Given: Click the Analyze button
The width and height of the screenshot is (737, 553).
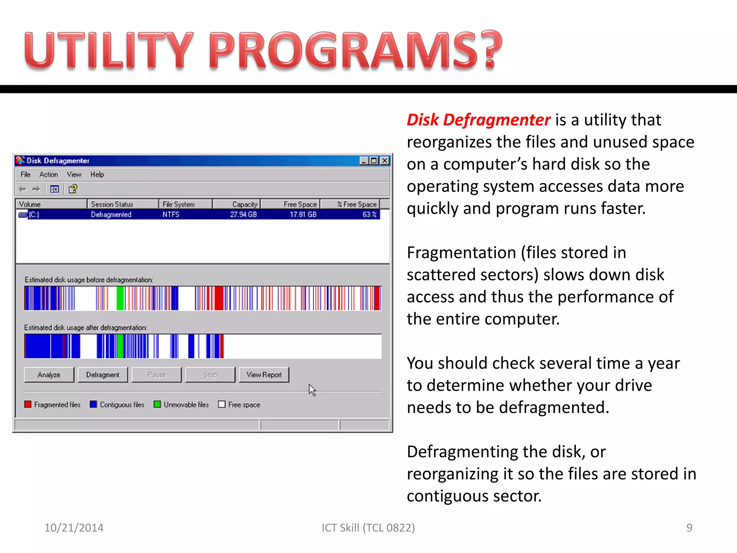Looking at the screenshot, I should [49, 375].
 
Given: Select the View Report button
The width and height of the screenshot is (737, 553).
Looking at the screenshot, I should [264, 375].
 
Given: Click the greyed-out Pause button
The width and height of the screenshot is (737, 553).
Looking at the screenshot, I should [157, 375].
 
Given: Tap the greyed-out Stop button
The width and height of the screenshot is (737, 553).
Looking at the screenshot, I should [210, 375].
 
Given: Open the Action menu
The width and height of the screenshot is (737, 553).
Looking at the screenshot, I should [49, 175].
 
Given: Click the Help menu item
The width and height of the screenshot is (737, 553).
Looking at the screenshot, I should [97, 175].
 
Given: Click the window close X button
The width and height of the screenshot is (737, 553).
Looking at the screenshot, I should [385, 161].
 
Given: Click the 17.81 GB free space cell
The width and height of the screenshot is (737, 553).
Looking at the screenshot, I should [303, 215].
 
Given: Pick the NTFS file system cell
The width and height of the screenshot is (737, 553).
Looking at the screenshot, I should [171, 215].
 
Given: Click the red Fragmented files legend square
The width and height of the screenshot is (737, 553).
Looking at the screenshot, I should [28, 404].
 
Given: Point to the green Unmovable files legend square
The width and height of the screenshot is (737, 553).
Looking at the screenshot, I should [157, 404].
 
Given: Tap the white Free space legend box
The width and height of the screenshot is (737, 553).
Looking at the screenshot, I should [222, 404].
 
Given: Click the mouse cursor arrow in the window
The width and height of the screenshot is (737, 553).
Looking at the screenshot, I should [312, 390].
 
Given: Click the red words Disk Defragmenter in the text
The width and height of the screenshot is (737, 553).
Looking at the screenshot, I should [478, 120].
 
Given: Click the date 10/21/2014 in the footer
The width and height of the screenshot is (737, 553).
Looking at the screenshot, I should [74, 528].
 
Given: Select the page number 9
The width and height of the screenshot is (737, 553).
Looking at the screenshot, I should [689, 528].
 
